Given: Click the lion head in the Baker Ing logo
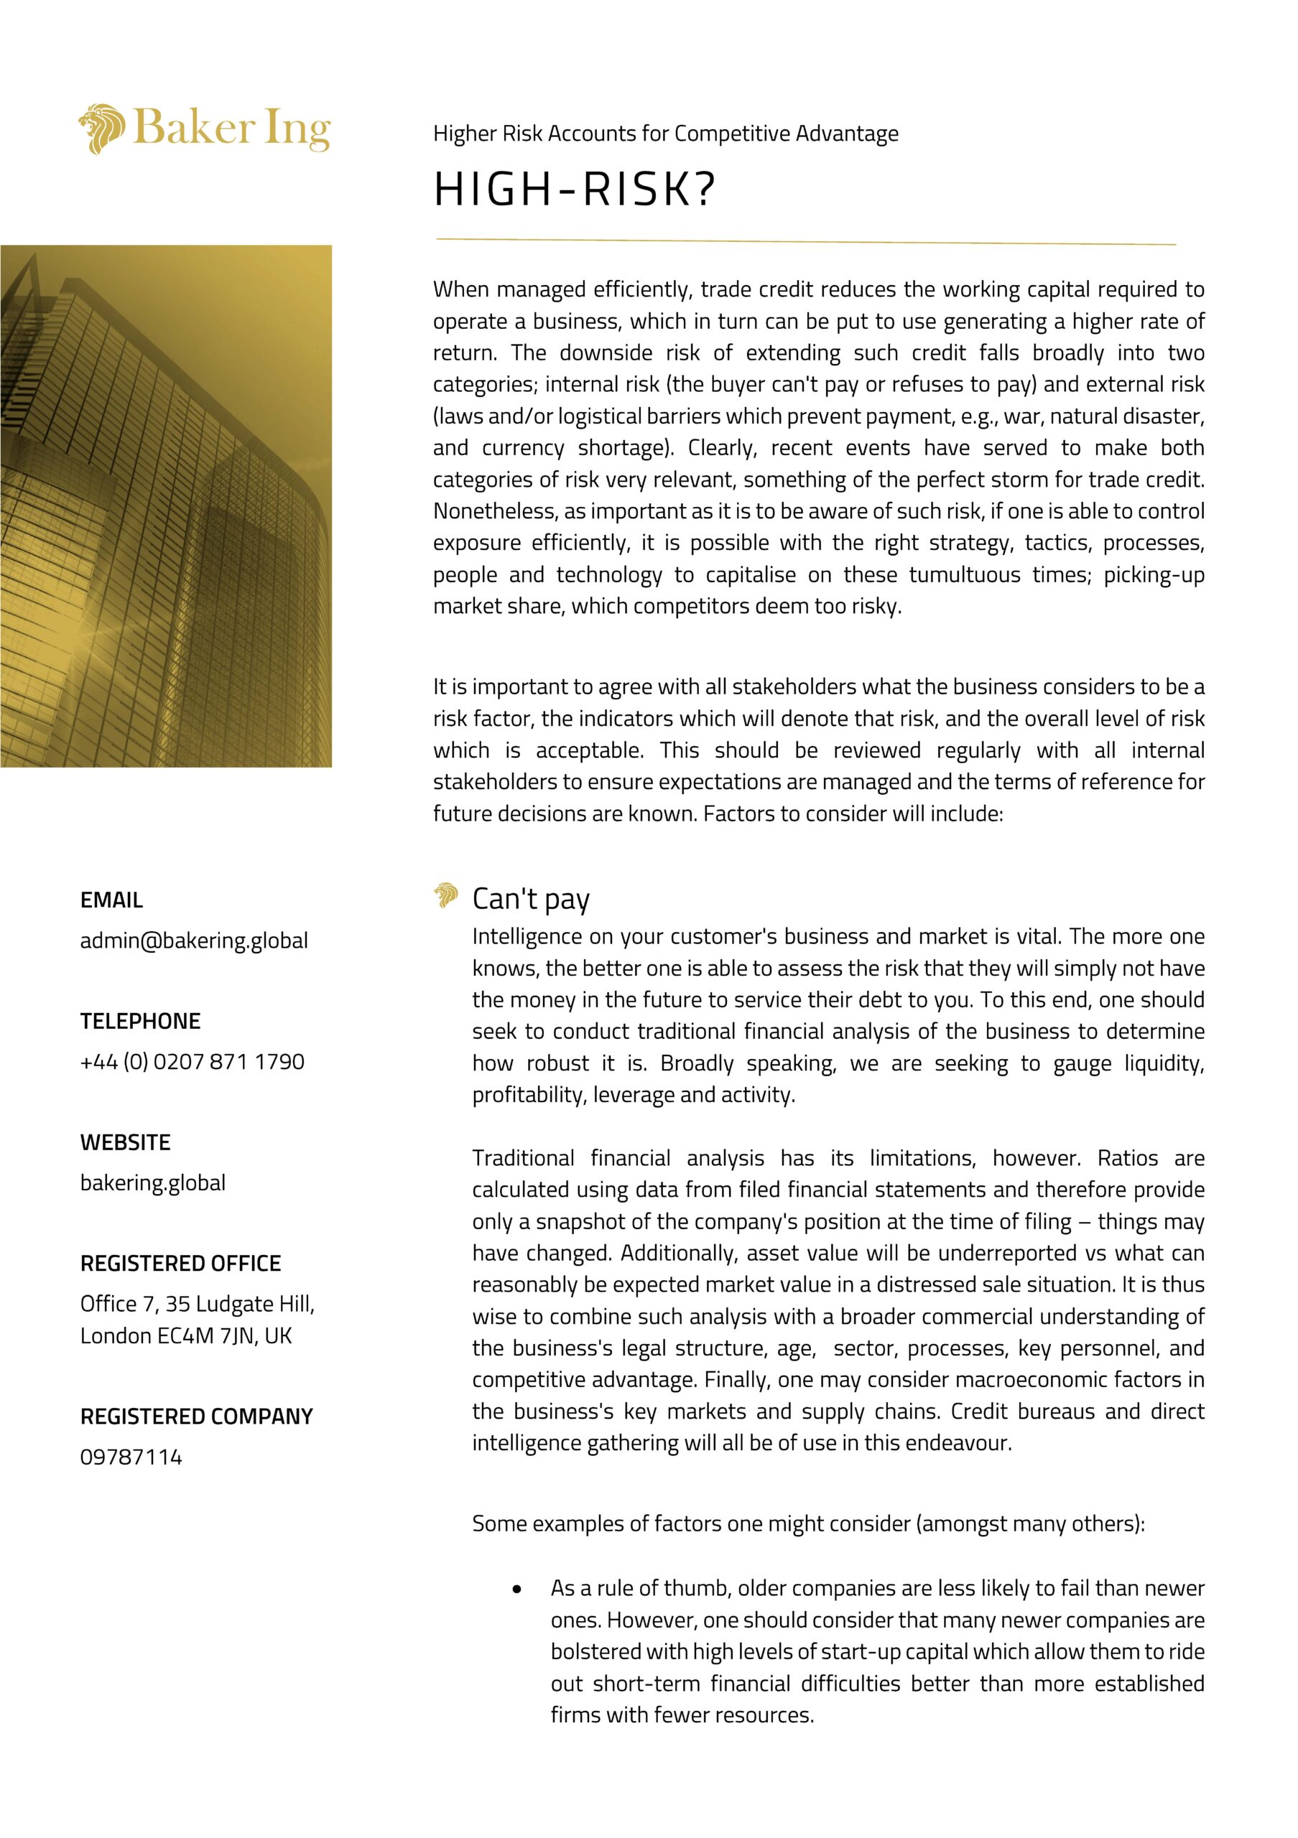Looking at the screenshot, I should coord(102,128).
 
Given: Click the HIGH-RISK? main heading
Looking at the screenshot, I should coord(573,190).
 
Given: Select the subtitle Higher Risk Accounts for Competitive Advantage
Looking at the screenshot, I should coord(665,134).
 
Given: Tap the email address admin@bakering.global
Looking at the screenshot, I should coord(194,941).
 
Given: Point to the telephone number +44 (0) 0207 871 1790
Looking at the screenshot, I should coord(193,1063).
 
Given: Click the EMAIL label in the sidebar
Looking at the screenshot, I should coord(111,900).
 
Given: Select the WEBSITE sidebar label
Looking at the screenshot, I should coord(125,1142).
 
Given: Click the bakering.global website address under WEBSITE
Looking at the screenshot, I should coord(153,1183).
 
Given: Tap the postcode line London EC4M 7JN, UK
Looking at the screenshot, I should coord(186,1336).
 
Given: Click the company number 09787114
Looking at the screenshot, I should coord(131,1457).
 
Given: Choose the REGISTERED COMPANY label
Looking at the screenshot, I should coord(196,1417).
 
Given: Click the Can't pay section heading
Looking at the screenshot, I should coord(531,899).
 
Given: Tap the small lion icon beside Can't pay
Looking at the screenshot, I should coord(446,895).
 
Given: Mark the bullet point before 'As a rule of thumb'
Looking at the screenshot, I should coord(517,1590).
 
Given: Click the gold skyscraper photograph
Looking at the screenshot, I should coord(166,506).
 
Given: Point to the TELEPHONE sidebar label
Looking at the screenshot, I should coord(140,1022).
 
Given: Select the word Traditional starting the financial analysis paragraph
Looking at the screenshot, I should coord(523,1158).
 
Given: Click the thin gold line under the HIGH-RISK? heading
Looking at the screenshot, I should coord(805,241).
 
